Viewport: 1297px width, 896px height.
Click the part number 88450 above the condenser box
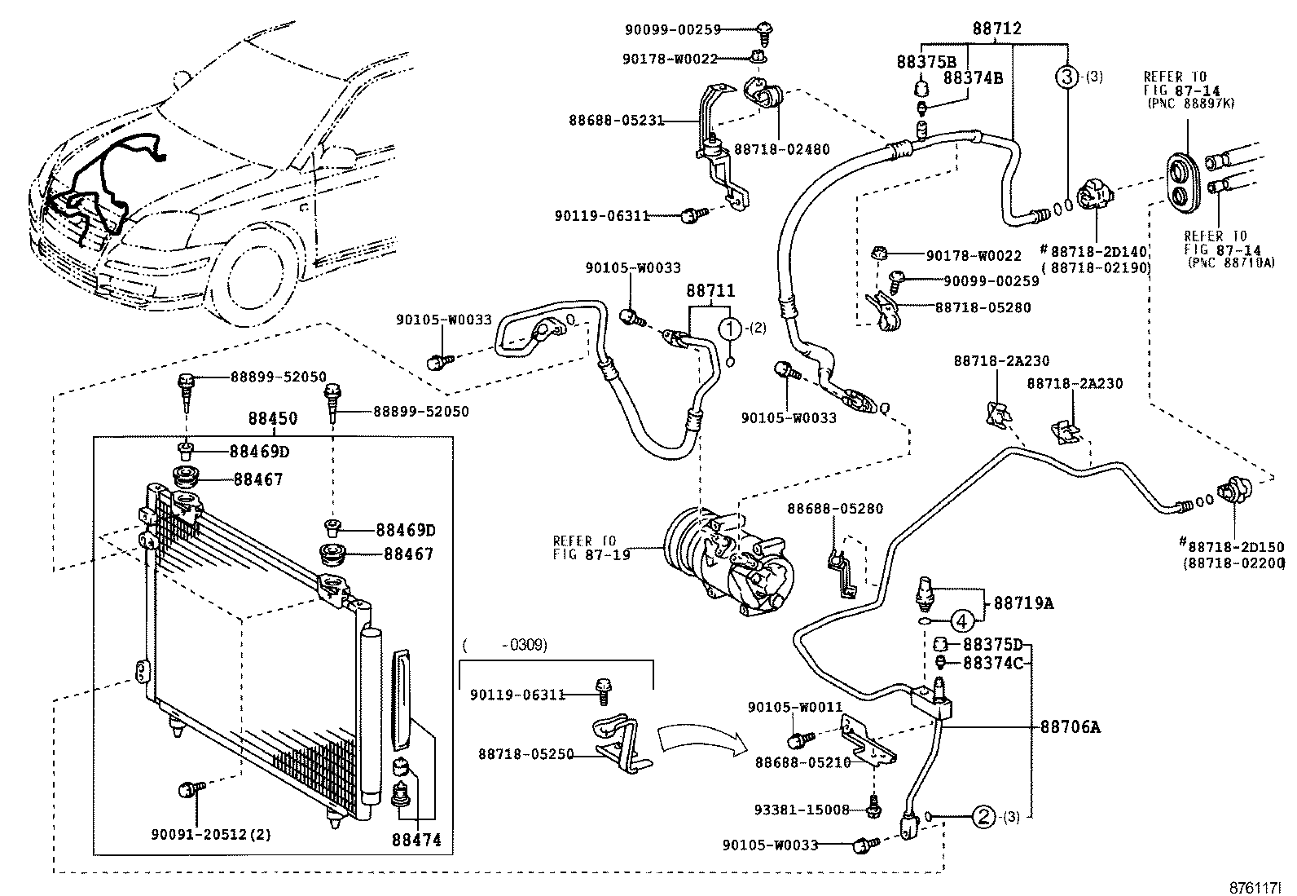pyautogui.click(x=272, y=419)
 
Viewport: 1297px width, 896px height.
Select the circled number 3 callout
pyautogui.click(x=1066, y=77)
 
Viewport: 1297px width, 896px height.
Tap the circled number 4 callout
pyautogui.click(x=961, y=621)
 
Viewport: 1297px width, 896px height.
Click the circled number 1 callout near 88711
pyautogui.click(x=731, y=329)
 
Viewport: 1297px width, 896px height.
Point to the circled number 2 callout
pyautogui.click(x=983, y=816)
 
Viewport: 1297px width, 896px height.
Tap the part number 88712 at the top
pyautogui.click(x=996, y=29)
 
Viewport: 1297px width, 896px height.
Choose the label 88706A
pyautogui.click(x=1069, y=726)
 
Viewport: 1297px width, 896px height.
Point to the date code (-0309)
pyautogui.click(x=505, y=645)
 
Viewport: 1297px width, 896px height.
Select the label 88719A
pyautogui.click(x=1022, y=603)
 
